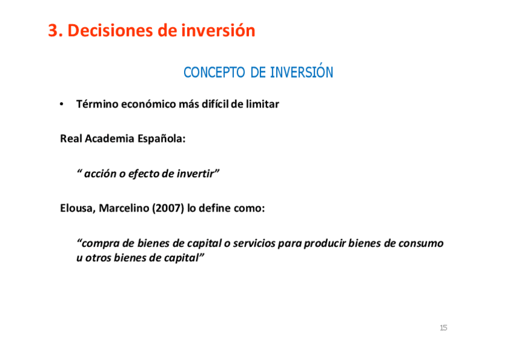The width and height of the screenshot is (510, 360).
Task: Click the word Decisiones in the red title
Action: [x=110, y=31]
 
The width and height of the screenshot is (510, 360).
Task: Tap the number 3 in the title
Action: [x=54, y=31]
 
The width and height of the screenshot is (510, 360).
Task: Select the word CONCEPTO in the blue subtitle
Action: [x=214, y=72]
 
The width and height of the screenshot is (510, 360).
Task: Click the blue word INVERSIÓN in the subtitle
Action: [x=301, y=71]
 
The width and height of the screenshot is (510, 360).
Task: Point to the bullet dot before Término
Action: [x=61, y=105]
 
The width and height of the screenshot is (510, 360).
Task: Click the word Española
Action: [x=161, y=139]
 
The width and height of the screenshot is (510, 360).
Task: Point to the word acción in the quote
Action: [x=100, y=174]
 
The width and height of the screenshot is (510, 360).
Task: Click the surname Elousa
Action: [x=78, y=209]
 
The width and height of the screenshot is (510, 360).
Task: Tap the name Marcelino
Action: [x=124, y=208]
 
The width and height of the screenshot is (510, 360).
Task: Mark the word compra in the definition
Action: [x=100, y=243]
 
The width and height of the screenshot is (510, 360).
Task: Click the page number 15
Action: [x=443, y=328]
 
